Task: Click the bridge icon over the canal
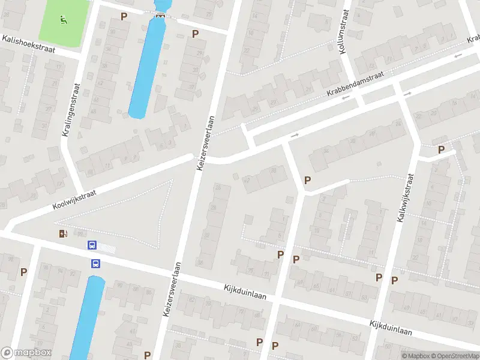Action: (160, 16)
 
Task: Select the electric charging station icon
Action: (62, 233)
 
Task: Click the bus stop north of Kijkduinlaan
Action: (92, 245)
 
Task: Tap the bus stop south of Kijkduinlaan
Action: (95, 263)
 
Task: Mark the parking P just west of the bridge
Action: (124, 16)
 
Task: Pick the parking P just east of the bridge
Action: (195, 34)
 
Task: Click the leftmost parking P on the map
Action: (23, 272)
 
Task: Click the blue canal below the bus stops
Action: (89, 318)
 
